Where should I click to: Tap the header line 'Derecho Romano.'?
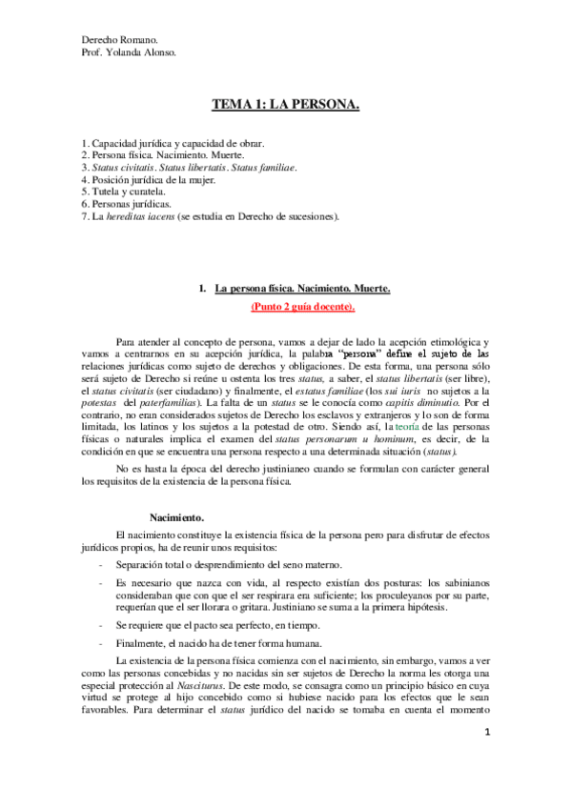click(x=120, y=40)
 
